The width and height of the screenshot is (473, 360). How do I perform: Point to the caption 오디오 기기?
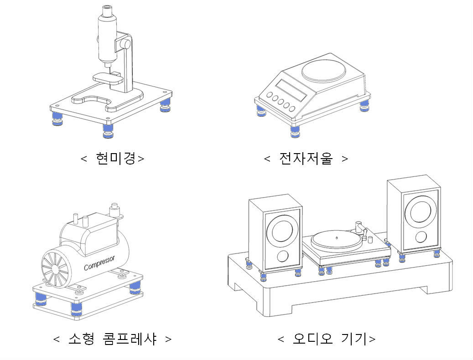(x=327, y=339)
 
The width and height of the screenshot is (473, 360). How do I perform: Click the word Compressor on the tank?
(x=99, y=263)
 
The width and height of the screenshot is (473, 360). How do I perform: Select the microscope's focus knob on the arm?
(x=125, y=44)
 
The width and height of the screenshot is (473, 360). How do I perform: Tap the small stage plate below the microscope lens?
(x=108, y=78)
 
